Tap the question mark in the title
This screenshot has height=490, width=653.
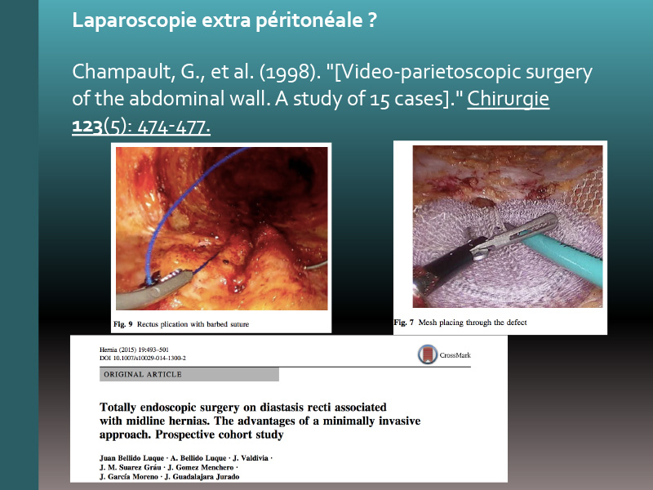tap(372, 20)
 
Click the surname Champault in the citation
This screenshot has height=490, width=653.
tap(121, 73)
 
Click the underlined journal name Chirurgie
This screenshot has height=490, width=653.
tap(508, 99)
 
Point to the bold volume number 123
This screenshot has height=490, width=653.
tap(87, 126)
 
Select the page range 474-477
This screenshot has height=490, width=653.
tap(173, 127)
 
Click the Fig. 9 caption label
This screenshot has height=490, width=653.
tap(123, 324)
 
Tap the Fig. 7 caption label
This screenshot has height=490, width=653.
tap(404, 323)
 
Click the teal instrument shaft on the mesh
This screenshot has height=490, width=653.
tap(562, 258)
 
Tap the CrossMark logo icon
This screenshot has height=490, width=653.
tap(428, 355)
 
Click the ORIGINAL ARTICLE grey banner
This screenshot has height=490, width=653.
tap(189, 375)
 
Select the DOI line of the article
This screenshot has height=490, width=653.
tap(143, 359)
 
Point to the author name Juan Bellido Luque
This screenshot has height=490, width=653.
tap(131, 458)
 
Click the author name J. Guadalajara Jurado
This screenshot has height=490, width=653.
tap(202, 477)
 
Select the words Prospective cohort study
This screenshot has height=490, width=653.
tap(220, 434)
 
